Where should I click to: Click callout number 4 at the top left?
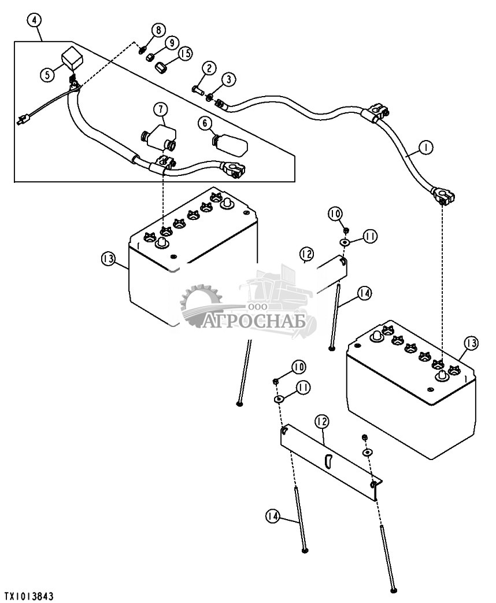click(35, 20)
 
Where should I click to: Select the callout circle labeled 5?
click(47, 74)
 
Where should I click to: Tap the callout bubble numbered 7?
click(161, 109)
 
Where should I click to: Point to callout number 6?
click(205, 123)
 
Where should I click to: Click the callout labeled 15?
click(186, 53)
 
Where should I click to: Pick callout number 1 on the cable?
click(425, 147)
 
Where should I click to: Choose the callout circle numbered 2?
click(209, 69)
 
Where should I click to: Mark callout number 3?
click(229, 80)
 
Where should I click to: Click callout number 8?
click(158, 30)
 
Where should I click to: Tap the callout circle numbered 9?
click(171, 42)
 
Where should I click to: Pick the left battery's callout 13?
click(108, 259)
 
